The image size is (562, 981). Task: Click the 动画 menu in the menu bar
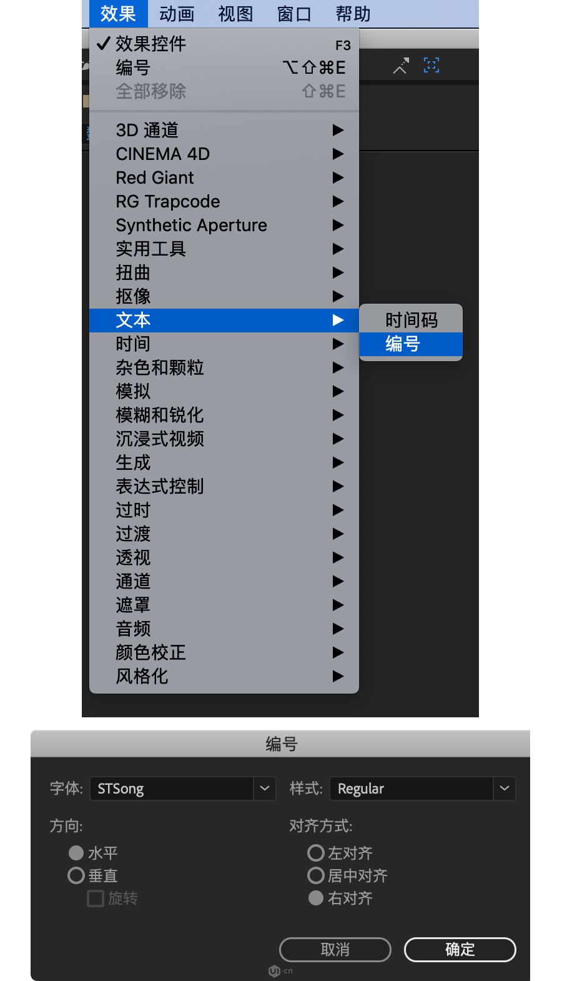(x=177, y=14)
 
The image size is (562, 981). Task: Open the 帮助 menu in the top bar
(x=353, y=14)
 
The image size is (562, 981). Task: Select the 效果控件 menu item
(x=150, y=44)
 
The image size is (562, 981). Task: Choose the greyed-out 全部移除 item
(x=150, y=91)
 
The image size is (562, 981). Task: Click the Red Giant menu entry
(x=155, y=177)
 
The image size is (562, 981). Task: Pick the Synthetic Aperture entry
(x=191, y=225)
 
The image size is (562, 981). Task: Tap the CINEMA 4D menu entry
(x=162, y=154)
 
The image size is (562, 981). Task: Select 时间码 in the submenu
(x=411, y=320)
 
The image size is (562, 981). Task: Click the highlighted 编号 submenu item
(x=403, y=344)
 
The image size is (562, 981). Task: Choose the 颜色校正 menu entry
(x=150, y=652)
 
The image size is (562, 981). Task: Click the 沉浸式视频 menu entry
(x=160, y=439)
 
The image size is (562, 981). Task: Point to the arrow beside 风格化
(x=338, y=676)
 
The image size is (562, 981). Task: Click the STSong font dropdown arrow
(x=265, y=789)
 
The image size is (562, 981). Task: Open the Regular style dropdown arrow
(x=505, y=789)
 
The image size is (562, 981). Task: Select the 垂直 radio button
(x=76, y=875)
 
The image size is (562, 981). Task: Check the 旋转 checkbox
(x=96, y=899)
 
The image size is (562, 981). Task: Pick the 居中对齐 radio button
(x=316, y=875)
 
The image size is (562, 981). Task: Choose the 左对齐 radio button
(x=316, y=853)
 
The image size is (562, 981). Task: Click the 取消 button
(x=335, y=950)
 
